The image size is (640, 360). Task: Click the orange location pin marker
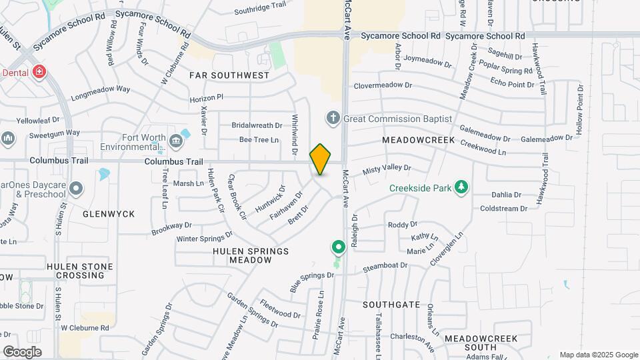coord(321,159)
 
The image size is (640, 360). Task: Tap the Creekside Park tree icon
coord(460,187)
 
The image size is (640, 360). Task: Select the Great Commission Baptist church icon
coord(333,118)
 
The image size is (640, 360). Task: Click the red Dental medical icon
coord(39,71)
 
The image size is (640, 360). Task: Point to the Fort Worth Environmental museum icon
coord(175,141)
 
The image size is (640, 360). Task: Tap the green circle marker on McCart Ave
coord(338,248)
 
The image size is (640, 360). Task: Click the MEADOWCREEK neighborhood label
coord(418,141)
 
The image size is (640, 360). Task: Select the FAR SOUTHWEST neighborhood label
coord(229,76)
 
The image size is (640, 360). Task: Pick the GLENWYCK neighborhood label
coord(109,214)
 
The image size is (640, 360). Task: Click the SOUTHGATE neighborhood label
coord(391,305)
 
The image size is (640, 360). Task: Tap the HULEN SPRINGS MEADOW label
coord(251,256)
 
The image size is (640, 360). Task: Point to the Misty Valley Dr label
coord(387,170)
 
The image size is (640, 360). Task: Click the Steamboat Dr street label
coord(386,266)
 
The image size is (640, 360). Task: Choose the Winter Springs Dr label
coord(205,237)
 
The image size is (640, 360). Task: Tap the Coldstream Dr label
coord(503,209)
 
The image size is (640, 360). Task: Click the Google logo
coord(22,351)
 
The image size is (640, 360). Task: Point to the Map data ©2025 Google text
coord(598,355)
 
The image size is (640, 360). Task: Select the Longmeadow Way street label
coord(100,89)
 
